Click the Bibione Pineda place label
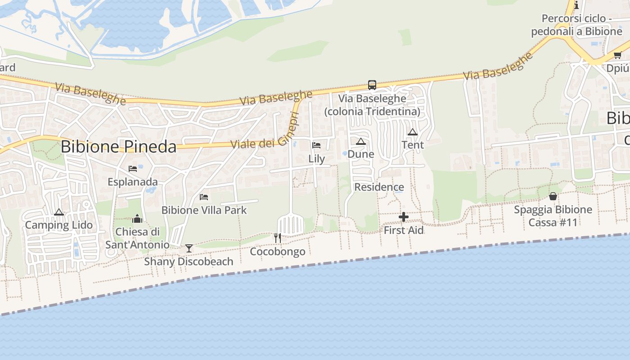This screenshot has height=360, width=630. (x=118, y=147)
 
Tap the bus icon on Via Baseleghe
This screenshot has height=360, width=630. (x=372, y=85)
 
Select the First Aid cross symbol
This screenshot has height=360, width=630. (x=404, y=217)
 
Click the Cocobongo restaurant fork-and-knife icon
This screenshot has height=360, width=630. (x=278, y=238)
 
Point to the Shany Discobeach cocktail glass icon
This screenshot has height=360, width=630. (x=189, y=248)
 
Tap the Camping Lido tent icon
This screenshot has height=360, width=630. (x=58, y=212)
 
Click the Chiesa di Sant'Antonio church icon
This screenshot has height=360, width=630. (x=137, y=219)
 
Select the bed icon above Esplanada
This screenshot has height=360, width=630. (x=133, y=169)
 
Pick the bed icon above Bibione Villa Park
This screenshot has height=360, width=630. (x=204, y=197)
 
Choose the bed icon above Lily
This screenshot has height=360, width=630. (x=316, y=145)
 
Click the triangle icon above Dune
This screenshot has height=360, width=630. (x=360, y=141)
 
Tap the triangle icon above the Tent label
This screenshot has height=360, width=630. (x=412, y=132)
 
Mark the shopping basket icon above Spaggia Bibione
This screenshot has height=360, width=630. (x=553, y=196)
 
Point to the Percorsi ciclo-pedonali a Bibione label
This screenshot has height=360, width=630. (x=576, y=25)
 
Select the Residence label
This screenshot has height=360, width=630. (x=379, y=187)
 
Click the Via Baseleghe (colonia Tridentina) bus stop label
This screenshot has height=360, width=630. (x=372, y=105)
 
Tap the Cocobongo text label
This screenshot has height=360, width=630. (x=278, y=252)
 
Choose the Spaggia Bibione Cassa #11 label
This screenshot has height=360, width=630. (x=553, y=216)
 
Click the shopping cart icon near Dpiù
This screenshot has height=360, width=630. (x=617, y=55)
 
